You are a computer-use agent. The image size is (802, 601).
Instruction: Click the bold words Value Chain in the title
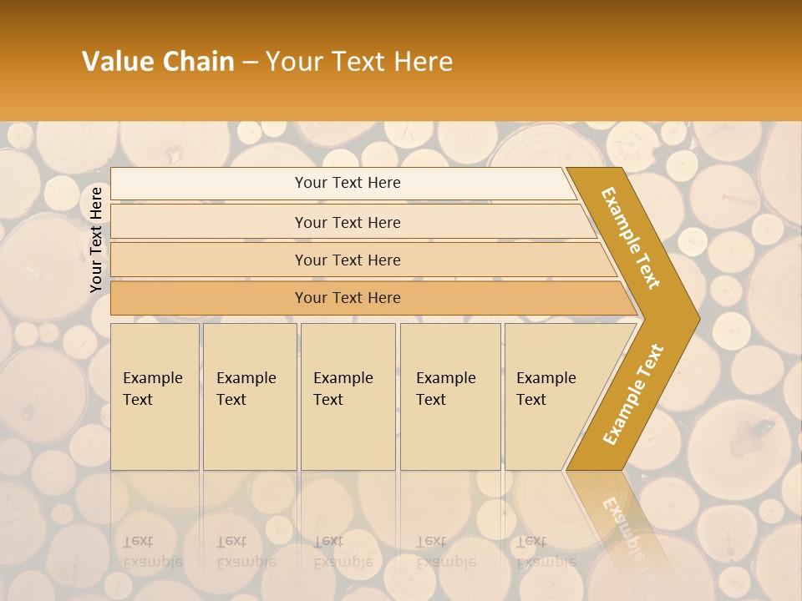pos(158,62)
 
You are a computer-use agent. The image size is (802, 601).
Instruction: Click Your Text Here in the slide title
pos(359,62)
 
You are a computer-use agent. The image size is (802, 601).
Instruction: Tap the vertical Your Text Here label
pos(96,240)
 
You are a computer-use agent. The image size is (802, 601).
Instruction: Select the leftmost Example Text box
pos(155,396)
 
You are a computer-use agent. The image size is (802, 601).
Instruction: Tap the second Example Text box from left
pos(249,396)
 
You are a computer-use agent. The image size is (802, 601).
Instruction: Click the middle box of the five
pos(348,396)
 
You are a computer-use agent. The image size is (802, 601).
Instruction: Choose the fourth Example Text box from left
pos(450,396)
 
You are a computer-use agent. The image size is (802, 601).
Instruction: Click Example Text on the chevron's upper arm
pos(631,238)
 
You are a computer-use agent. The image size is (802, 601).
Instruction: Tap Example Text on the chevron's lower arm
pos(632,395)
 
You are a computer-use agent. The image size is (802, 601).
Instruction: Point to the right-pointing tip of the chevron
pos(695,318)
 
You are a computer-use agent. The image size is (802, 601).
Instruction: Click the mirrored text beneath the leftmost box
pos(152,552)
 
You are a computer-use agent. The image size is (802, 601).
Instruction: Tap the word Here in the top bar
pos(383,183)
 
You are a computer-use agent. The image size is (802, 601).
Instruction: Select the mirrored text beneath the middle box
pos(343,552)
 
